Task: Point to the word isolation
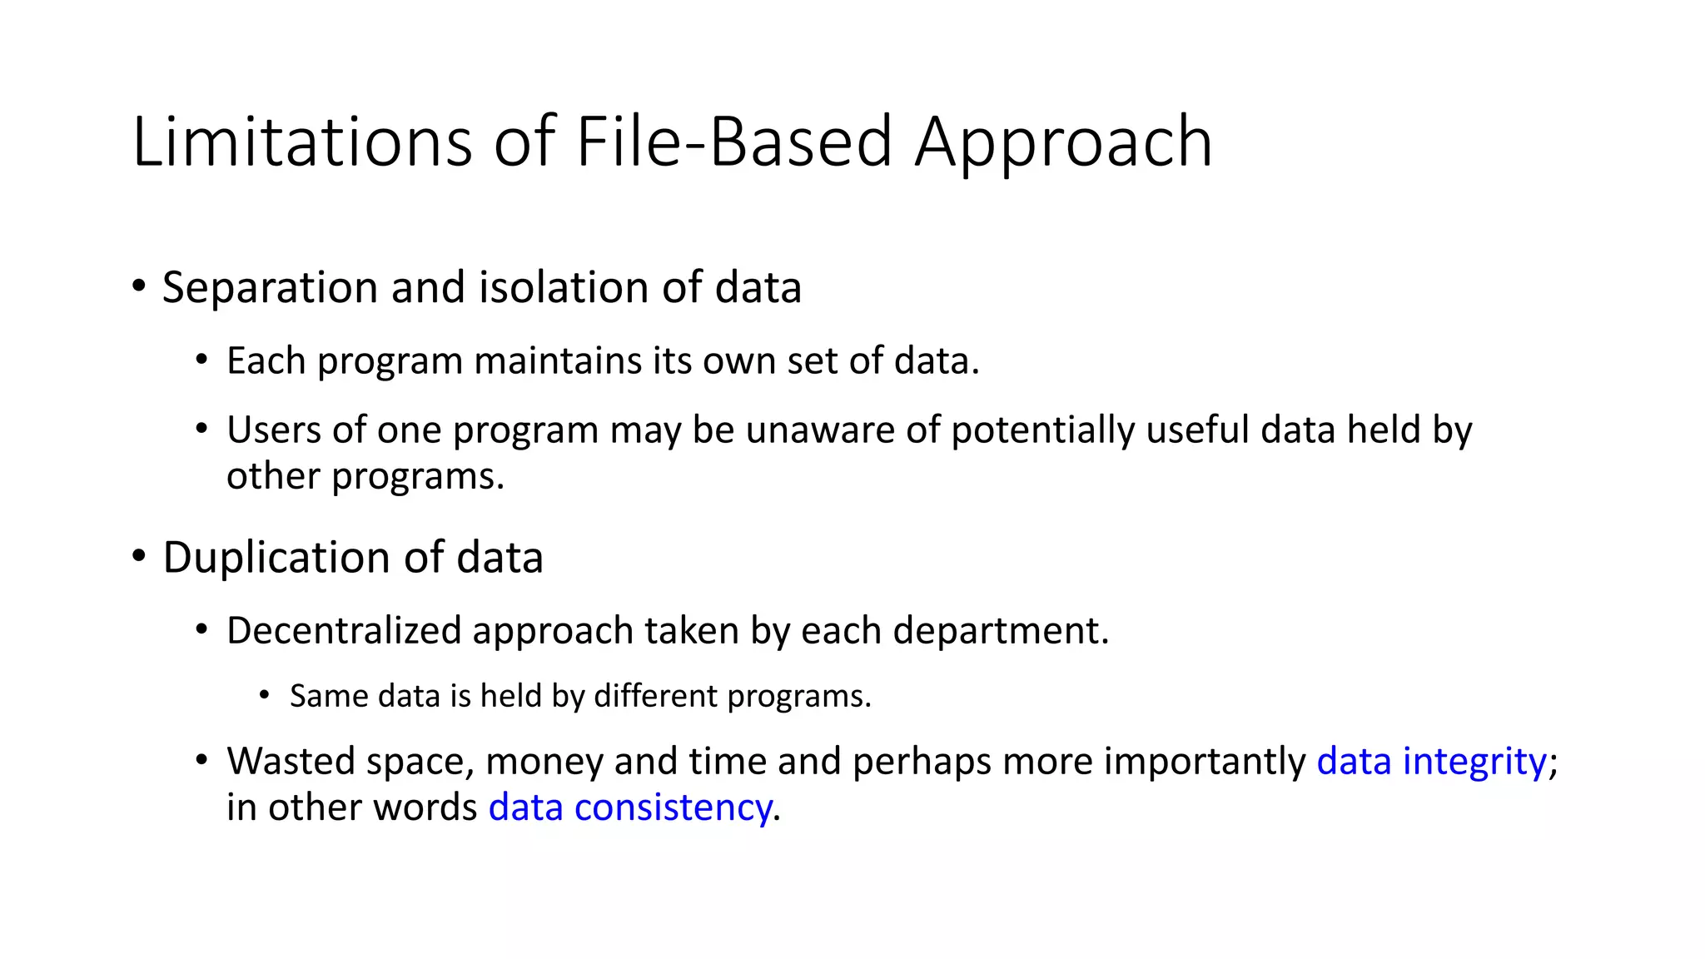tap(564, 287)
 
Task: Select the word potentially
tap(1043, 430)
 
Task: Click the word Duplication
tap(277, 557)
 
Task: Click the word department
tap(1001, 630)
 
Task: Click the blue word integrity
tap(1474, 761)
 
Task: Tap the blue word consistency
tap(673, 807)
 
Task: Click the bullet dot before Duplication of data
tap(139, 555)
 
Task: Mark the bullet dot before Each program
tap(201, 360)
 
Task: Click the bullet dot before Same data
tap(265, 695)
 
